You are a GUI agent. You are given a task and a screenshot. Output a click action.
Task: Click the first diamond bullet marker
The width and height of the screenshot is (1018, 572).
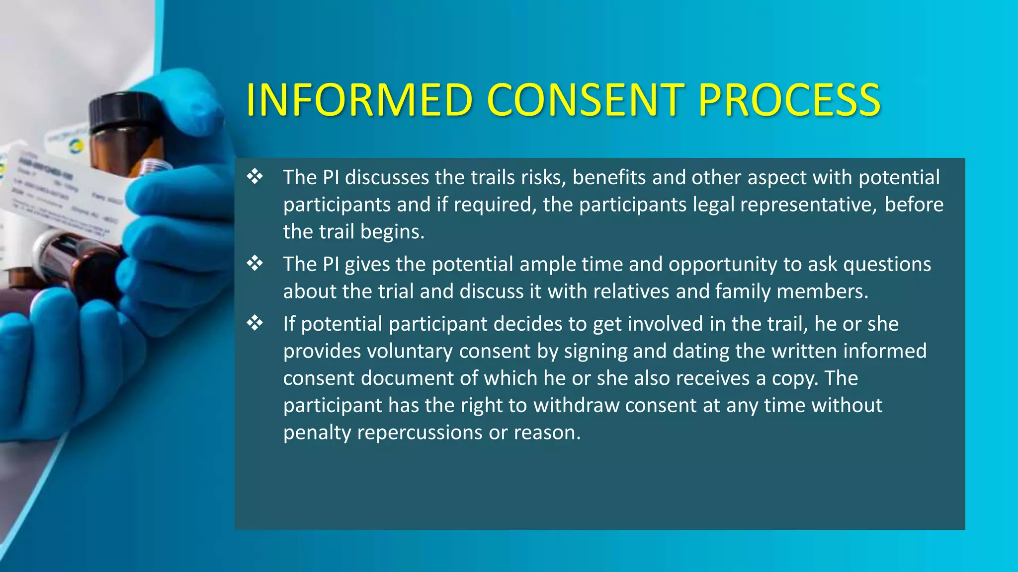[255, 177]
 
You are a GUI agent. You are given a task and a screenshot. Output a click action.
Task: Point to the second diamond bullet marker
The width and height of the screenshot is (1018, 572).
[255, 264]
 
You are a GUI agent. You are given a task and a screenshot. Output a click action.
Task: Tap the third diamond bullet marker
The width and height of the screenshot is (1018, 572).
[255, 323]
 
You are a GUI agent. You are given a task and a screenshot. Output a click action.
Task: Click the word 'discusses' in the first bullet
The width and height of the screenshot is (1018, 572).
[387, 178]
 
